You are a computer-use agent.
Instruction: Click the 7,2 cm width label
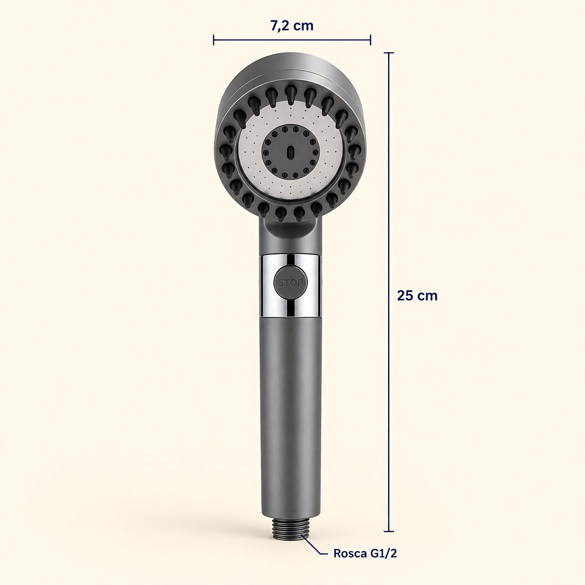coord(292,26)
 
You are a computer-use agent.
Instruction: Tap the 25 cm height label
coord(417,295)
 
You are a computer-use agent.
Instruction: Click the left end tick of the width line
coord(214,40)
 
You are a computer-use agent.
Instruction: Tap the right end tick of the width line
coord(370,40)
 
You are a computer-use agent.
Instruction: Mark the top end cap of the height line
coord(389,53)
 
